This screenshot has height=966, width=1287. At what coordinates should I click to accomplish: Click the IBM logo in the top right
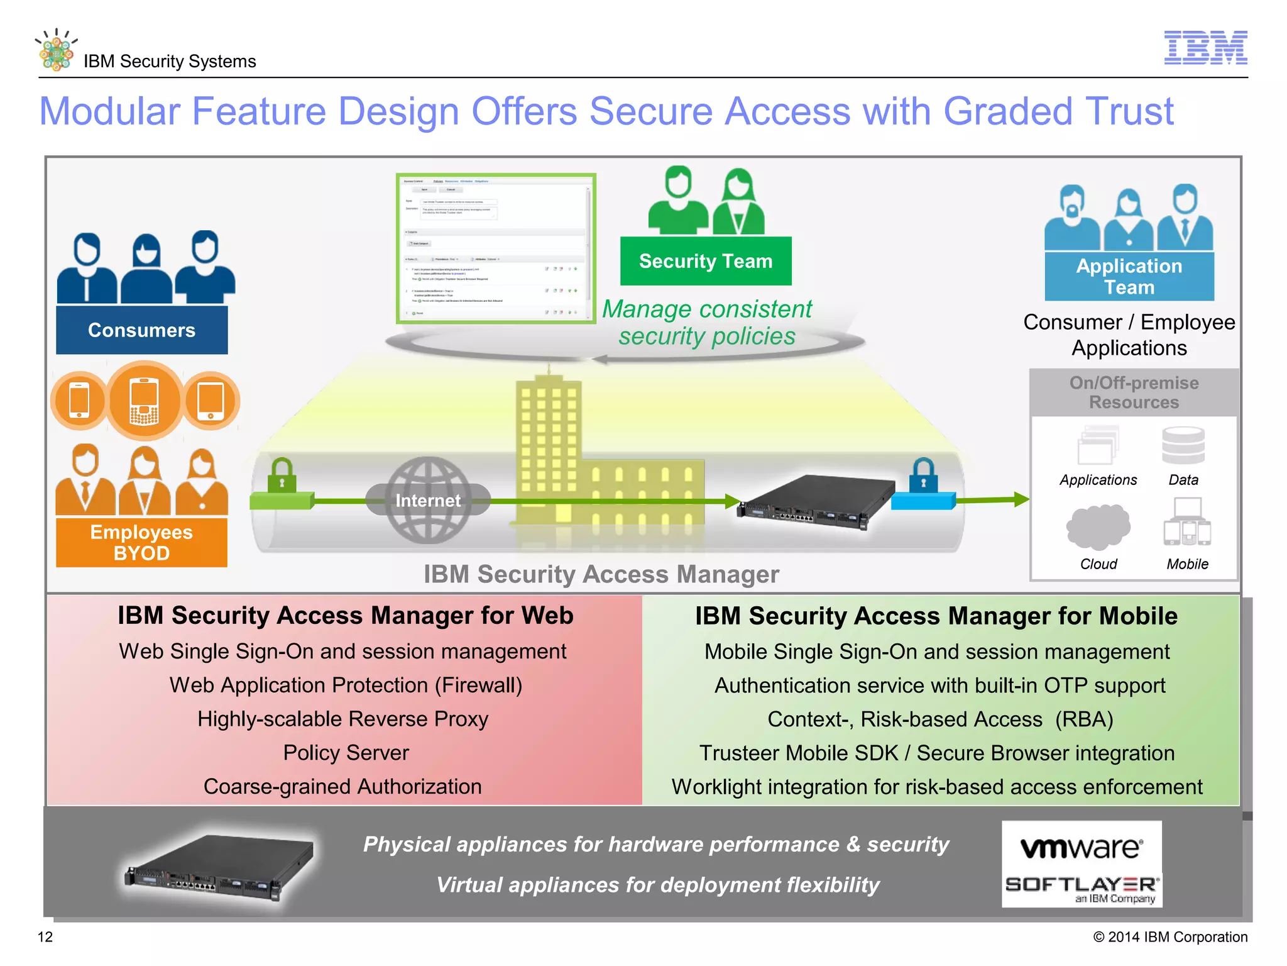pos(1205,48)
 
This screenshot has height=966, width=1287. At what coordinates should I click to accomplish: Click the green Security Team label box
pos(705,261)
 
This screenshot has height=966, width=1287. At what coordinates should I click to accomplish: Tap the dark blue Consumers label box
pos(141,330)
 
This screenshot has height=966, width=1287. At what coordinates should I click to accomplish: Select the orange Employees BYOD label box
pos(141,542)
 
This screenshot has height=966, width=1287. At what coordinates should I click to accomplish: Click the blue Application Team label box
pos(1129,277)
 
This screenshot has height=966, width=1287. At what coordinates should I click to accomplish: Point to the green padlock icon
pos(281,475)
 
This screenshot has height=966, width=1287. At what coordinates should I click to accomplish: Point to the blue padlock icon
pos(923,475)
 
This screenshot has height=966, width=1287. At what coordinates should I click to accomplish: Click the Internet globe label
pos(428,501)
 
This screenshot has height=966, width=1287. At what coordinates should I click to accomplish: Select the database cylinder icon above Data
pos(1183,445)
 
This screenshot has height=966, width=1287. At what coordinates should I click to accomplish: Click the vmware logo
pos(1081,848)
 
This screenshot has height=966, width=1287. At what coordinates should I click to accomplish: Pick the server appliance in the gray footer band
pos(220,868)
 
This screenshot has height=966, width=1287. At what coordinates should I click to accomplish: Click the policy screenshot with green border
pos(495,249)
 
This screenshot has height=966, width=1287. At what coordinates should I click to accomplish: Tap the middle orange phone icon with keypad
pos(145,401)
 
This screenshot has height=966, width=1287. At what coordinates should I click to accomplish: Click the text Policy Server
pos(346,753)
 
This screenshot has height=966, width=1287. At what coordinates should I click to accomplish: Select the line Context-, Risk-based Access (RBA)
pos(939,719)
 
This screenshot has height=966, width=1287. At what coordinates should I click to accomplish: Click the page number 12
pos(45,937)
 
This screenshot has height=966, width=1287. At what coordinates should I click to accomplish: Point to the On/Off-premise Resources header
pos(1134,392)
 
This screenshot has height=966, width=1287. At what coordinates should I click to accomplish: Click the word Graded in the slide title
pos(1008,112)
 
